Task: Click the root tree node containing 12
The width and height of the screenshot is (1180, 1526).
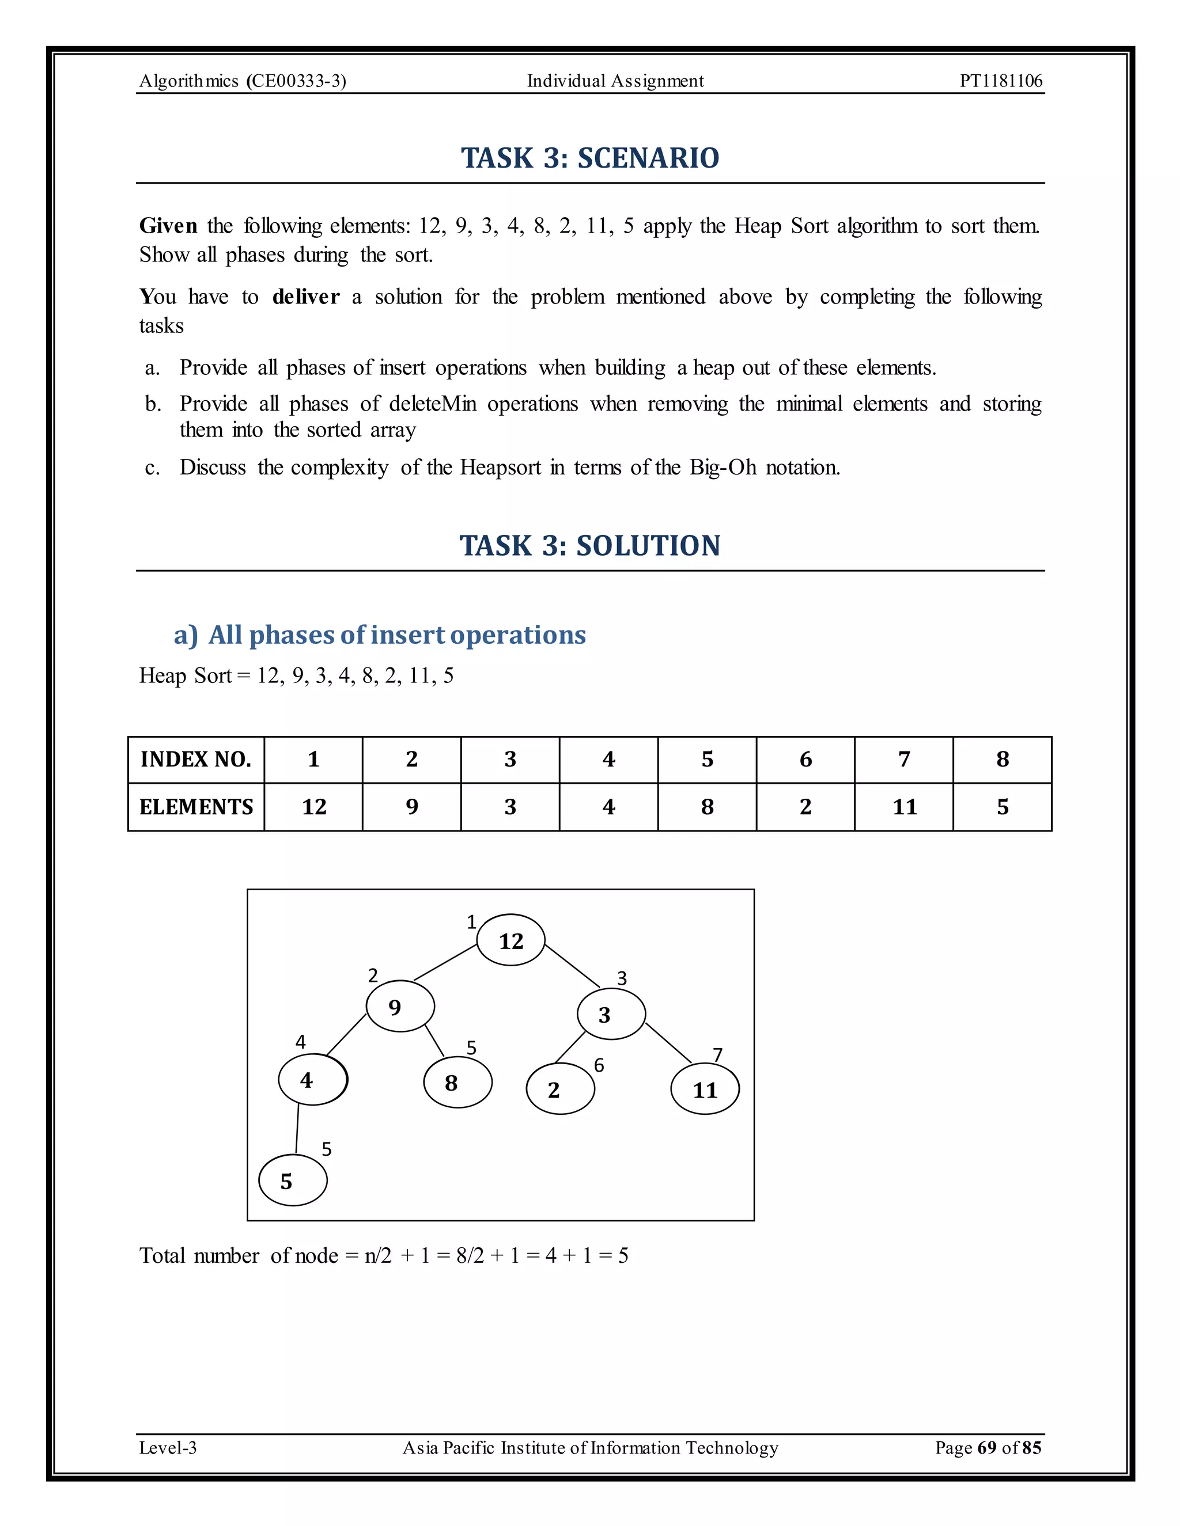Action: tap(510, 940)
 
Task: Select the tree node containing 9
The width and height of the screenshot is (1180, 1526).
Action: tap(400, 1006)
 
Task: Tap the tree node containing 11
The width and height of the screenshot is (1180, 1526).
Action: tap(705, 1088)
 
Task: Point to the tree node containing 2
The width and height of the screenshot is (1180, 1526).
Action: tap(560, 1088)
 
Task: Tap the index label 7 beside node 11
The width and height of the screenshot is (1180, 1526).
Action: tap(717, 1054)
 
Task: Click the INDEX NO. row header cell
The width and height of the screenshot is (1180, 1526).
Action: tap(196, 760)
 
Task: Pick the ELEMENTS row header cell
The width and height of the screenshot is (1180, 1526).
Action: tap(196, 807)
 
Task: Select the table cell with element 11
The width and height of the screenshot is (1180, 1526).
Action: tap(904, 807)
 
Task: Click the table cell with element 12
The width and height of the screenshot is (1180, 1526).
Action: tap(314, 807)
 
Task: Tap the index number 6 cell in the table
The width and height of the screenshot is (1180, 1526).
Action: tap(805, 760)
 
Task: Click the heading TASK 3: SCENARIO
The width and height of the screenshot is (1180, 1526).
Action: tap(590, 158)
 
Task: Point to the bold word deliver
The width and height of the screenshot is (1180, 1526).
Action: tap(305, 297)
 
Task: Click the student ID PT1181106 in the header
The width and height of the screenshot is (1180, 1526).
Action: tap(1000, 81)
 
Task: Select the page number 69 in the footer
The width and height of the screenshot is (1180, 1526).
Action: tap(986, 1447)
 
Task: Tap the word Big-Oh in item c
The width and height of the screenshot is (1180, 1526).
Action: tap(723, 467)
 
